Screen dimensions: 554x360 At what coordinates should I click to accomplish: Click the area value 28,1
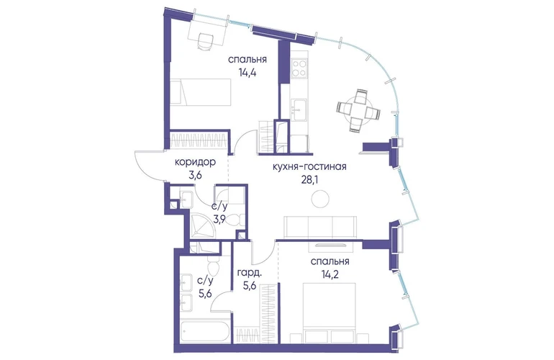pyautogui.click(x=309, y=180)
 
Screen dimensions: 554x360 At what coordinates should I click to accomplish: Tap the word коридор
pyautogui.click(x=196, y=162)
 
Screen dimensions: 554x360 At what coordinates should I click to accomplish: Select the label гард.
pyautogui.click(x=250, y=273)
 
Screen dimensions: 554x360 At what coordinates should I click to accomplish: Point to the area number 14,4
pyautogui.click(x=247, y=74)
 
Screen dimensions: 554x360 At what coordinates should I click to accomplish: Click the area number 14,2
pyautogui.click(x=330, y=274)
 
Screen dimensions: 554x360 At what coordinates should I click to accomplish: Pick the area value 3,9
pyautogui.click(x=219, y=220)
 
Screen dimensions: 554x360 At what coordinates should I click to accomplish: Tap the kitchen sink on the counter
pyautogui.click(x=299, y=110)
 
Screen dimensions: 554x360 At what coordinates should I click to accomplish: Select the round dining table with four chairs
pyautogui.click(x=358, y=110)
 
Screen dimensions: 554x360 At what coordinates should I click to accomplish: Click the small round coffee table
pyautogui.click(x=320, y=199)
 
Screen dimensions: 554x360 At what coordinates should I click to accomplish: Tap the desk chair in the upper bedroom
pyautogui.click(x=205, y=41)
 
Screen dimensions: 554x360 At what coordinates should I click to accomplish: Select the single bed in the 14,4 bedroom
pyautogui.click(x=200, y=92)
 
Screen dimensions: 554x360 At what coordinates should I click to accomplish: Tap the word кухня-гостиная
pyautogui.click(x=309, y=166)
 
